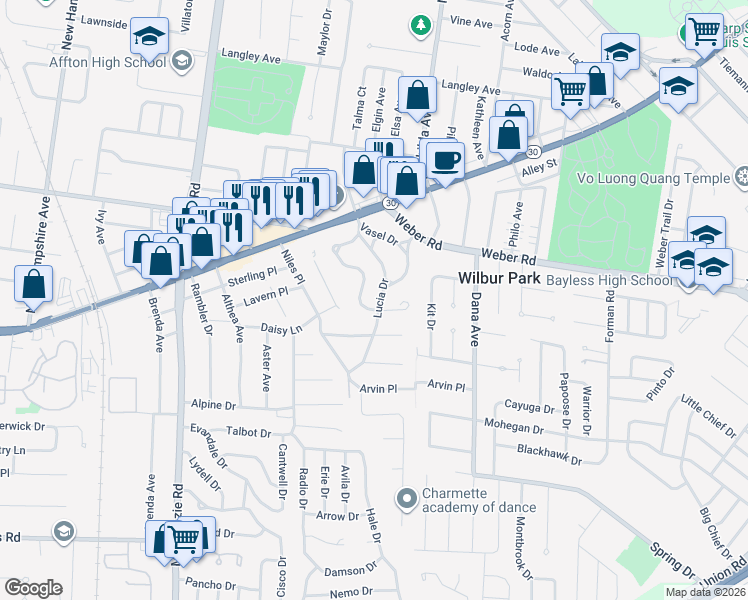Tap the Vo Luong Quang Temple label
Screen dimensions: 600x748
click(x=654, y=178)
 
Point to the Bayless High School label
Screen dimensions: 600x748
click(x=607, y=280)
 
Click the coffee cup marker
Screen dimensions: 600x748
click(x=445, y=159)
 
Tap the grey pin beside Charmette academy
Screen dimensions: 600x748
click(x=406, y=497)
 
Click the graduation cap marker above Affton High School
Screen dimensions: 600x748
click(x=149, y=38)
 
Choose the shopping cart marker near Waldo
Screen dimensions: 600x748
click(x=571, y=92)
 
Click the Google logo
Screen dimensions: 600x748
click(x=33, y=588)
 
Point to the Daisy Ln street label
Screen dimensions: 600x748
click(x=280, y=328)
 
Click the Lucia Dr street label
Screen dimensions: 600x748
click(x=380, y=297)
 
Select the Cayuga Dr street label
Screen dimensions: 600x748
click(x=530, y=408)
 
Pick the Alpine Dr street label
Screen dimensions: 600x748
click(x=212, y=406)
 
